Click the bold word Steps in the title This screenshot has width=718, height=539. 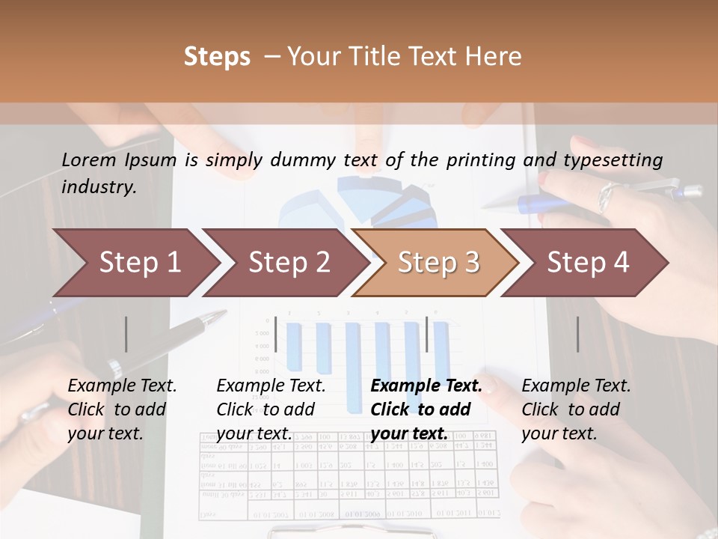[x=217, y=56]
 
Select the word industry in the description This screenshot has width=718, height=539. [x=98, y=187]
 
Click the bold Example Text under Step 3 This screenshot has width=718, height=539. [x=426, y=386]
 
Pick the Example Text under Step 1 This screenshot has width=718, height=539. [x=122, y=386]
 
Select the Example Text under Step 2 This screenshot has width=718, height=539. [x=271, y=386]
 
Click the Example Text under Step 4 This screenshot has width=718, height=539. [x=576, y=386]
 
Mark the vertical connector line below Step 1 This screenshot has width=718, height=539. [x=126, y=334]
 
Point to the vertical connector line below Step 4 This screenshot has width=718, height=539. [x=577, y=334]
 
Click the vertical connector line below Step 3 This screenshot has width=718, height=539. [x=426, y=334]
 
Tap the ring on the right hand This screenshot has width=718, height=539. [x=606, y=197]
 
